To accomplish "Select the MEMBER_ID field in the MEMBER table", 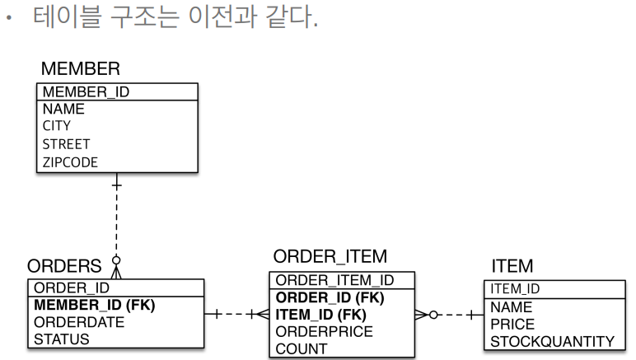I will (x=80, y=91).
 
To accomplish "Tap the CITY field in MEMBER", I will (x=57, y=126).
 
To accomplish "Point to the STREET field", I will (x=66, y=144).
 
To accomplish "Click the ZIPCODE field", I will (x=70, y=162).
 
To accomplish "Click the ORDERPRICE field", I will (x=324, y=331).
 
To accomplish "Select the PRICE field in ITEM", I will (x=512, y=324).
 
